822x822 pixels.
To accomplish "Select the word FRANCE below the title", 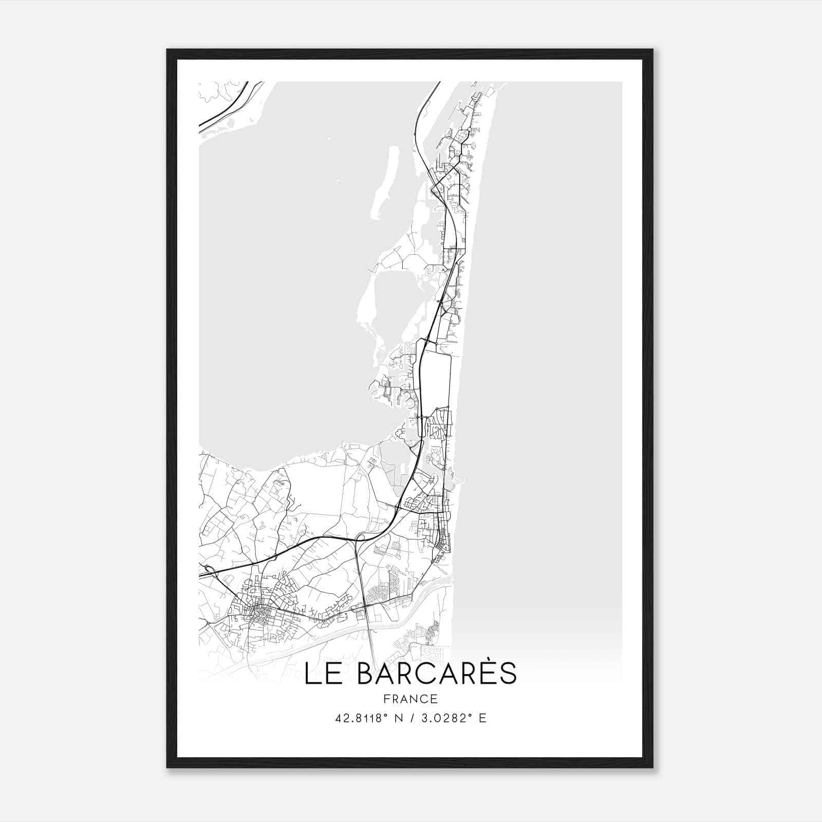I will click(410, 699).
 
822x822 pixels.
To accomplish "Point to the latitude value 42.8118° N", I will click(367, 718).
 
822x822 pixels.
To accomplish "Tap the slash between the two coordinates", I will click(410, 718).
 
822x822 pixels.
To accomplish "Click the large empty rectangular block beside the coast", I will click(436, 378).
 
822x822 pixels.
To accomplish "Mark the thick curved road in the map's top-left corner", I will click(229, 105).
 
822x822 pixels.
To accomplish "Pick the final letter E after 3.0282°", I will click(482, 718).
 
